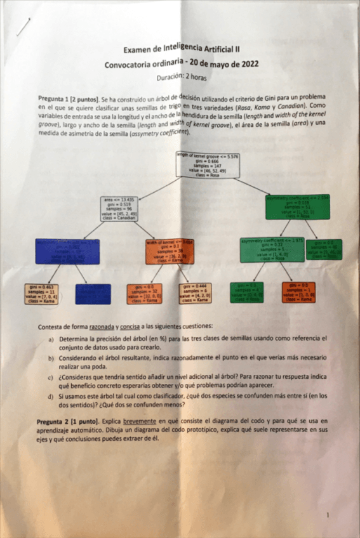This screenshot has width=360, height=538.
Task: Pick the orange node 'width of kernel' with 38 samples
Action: pos(169,251)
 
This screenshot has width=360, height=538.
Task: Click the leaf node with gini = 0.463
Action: pos(41,293)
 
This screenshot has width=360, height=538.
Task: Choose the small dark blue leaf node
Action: pos(93,293)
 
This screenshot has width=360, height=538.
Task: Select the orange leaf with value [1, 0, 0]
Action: pos(298,292)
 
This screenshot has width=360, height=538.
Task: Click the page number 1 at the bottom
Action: pos(327,515)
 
